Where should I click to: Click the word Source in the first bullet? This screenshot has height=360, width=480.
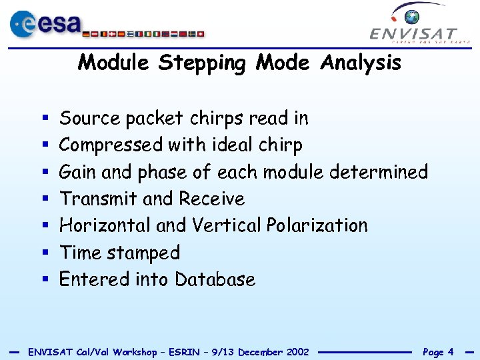[90, 119]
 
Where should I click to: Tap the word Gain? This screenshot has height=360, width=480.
[78, 172]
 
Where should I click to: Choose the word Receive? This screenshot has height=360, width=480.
[211, 199]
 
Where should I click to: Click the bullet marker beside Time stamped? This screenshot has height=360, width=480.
[44, 253]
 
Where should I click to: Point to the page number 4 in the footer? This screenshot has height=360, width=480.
[451, 352]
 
